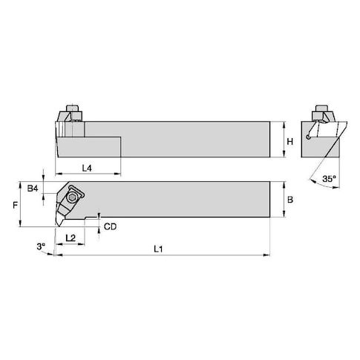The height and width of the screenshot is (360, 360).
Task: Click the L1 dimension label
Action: point(158,249)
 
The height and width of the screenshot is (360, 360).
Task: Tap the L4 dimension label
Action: point(87,168)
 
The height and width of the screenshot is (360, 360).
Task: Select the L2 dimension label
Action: point(71,238)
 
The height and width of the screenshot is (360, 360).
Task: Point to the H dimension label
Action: point(289,142)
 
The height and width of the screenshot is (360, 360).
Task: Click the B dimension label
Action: point(290,200)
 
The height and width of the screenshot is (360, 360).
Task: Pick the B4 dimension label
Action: point(33,189)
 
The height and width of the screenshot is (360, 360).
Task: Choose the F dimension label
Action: point(16,205)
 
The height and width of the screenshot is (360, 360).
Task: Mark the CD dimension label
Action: point(110,226)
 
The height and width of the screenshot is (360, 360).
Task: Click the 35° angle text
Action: point(330,179)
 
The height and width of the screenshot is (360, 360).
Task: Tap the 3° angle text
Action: point(41,246)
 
